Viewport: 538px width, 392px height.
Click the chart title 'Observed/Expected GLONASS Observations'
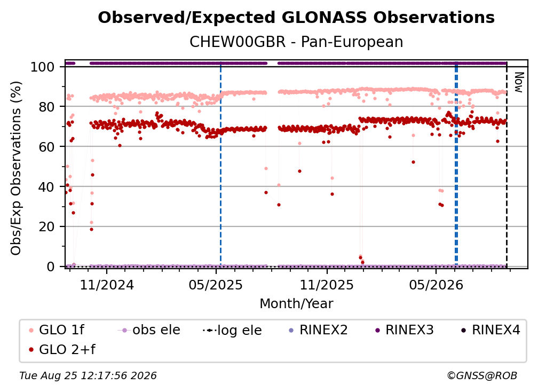[296, 18]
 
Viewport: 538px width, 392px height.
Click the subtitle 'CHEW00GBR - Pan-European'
[296, 42]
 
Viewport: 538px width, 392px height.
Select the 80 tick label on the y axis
[46, 107]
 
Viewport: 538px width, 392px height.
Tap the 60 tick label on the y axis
[46, 147]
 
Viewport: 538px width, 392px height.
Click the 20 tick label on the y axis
[46, 227]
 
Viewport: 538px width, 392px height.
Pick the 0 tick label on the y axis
[51, 266]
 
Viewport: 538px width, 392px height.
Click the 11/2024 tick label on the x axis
[107, 285]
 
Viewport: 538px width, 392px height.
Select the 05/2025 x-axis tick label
[216, 285]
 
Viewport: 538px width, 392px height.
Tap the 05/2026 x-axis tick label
[436, 285]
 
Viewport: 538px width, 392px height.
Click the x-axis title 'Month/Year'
[296, 304]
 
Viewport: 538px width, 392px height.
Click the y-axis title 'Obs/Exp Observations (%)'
[16, 168]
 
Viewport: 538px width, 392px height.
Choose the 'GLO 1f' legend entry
[57, 330]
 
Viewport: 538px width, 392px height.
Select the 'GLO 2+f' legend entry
[62, 350]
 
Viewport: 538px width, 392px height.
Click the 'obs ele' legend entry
[149, 330]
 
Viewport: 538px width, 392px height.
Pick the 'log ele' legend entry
[232, 330]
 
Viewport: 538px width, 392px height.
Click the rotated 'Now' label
[518, 82]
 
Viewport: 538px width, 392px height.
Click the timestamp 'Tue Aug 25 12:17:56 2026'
[88, 376]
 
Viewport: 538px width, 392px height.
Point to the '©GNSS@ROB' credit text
[482, 376]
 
